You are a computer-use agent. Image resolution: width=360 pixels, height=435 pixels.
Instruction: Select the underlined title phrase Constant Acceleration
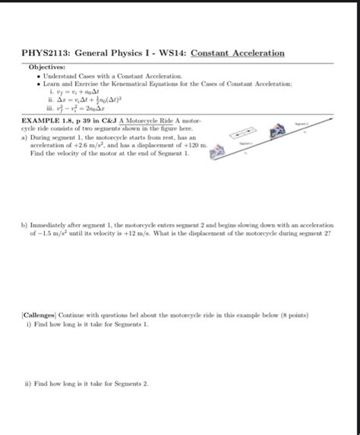click(238, 53)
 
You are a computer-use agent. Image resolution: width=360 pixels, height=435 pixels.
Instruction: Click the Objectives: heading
click(46, 65)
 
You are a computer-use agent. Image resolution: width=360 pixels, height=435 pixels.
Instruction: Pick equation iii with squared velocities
click(95, 109)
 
